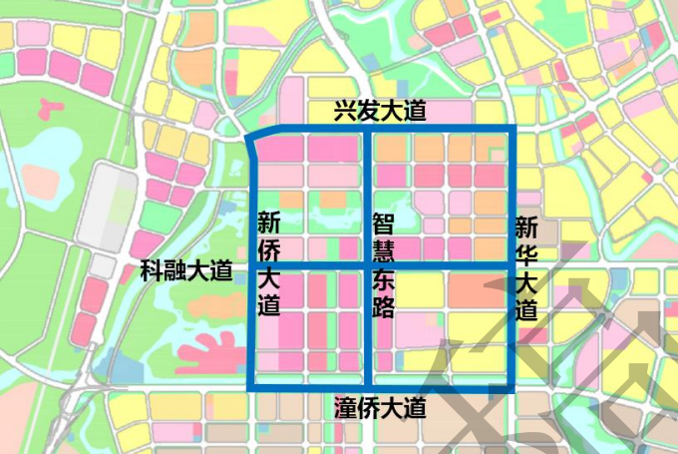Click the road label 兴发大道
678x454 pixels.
pos(380,112)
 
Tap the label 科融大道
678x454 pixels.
pos(186,269)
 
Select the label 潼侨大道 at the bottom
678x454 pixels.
pos(380,407)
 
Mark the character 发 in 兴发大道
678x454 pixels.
pos(369,112)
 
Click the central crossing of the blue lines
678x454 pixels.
pos(370,263)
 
